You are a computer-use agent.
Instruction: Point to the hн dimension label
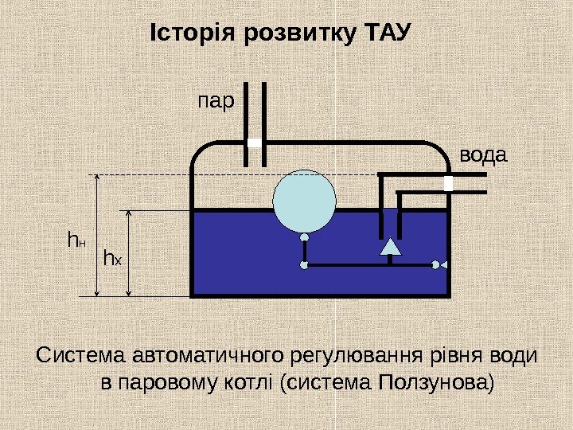click(76, 239)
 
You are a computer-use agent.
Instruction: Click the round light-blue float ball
click(305, 200)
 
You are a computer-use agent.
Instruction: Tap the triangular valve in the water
click(390, 246)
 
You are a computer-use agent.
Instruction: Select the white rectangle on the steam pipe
click(255, 143)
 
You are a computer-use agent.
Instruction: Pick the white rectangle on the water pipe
click(448, 184)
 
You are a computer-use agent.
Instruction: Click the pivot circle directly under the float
click(305, 237)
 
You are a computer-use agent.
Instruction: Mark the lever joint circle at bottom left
click(305, 265)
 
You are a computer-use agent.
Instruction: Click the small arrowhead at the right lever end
click(435, 265)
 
